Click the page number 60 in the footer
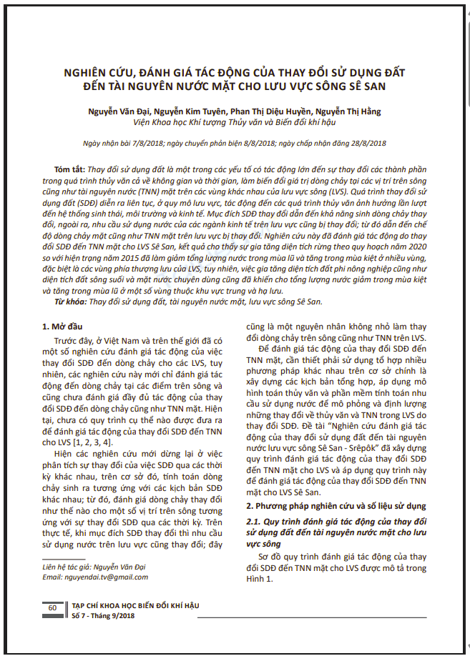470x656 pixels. click(52, 607)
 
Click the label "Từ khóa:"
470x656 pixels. click(70, 301)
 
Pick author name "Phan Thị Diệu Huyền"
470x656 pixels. click(255, 111)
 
